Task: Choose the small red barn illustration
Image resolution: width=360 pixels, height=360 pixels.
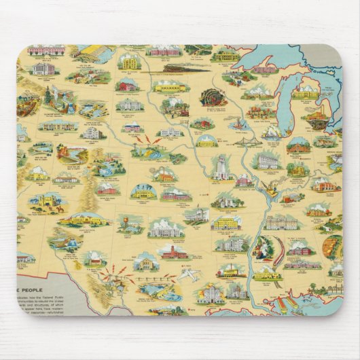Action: tap(126, 86)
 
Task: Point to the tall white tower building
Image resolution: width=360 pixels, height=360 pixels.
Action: tap(221, 166)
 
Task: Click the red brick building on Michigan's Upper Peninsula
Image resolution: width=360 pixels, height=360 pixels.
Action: tap(265, 69)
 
